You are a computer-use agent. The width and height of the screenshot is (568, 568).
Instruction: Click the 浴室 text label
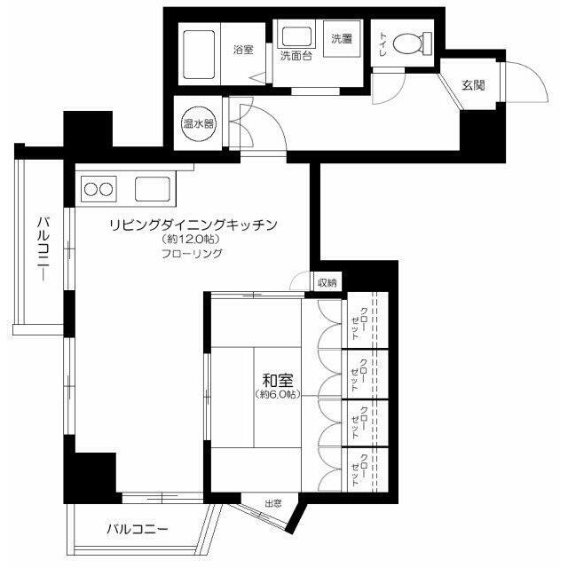243,50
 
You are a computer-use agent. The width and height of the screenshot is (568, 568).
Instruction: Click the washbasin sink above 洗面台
295,36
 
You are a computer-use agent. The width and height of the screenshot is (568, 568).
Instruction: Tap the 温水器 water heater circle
197,124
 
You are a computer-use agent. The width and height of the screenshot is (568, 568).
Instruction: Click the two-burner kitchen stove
98,189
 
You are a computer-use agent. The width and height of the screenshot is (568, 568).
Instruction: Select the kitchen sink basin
153,189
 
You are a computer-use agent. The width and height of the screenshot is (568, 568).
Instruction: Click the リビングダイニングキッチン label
194,225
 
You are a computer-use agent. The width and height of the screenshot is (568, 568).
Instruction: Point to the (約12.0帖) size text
192,240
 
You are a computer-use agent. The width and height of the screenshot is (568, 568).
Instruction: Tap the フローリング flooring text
192,253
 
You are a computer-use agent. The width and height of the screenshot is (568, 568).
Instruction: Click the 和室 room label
273,379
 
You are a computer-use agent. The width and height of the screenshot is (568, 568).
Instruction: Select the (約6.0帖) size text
278,393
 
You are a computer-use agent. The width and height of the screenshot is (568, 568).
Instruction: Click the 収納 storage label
327,283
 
